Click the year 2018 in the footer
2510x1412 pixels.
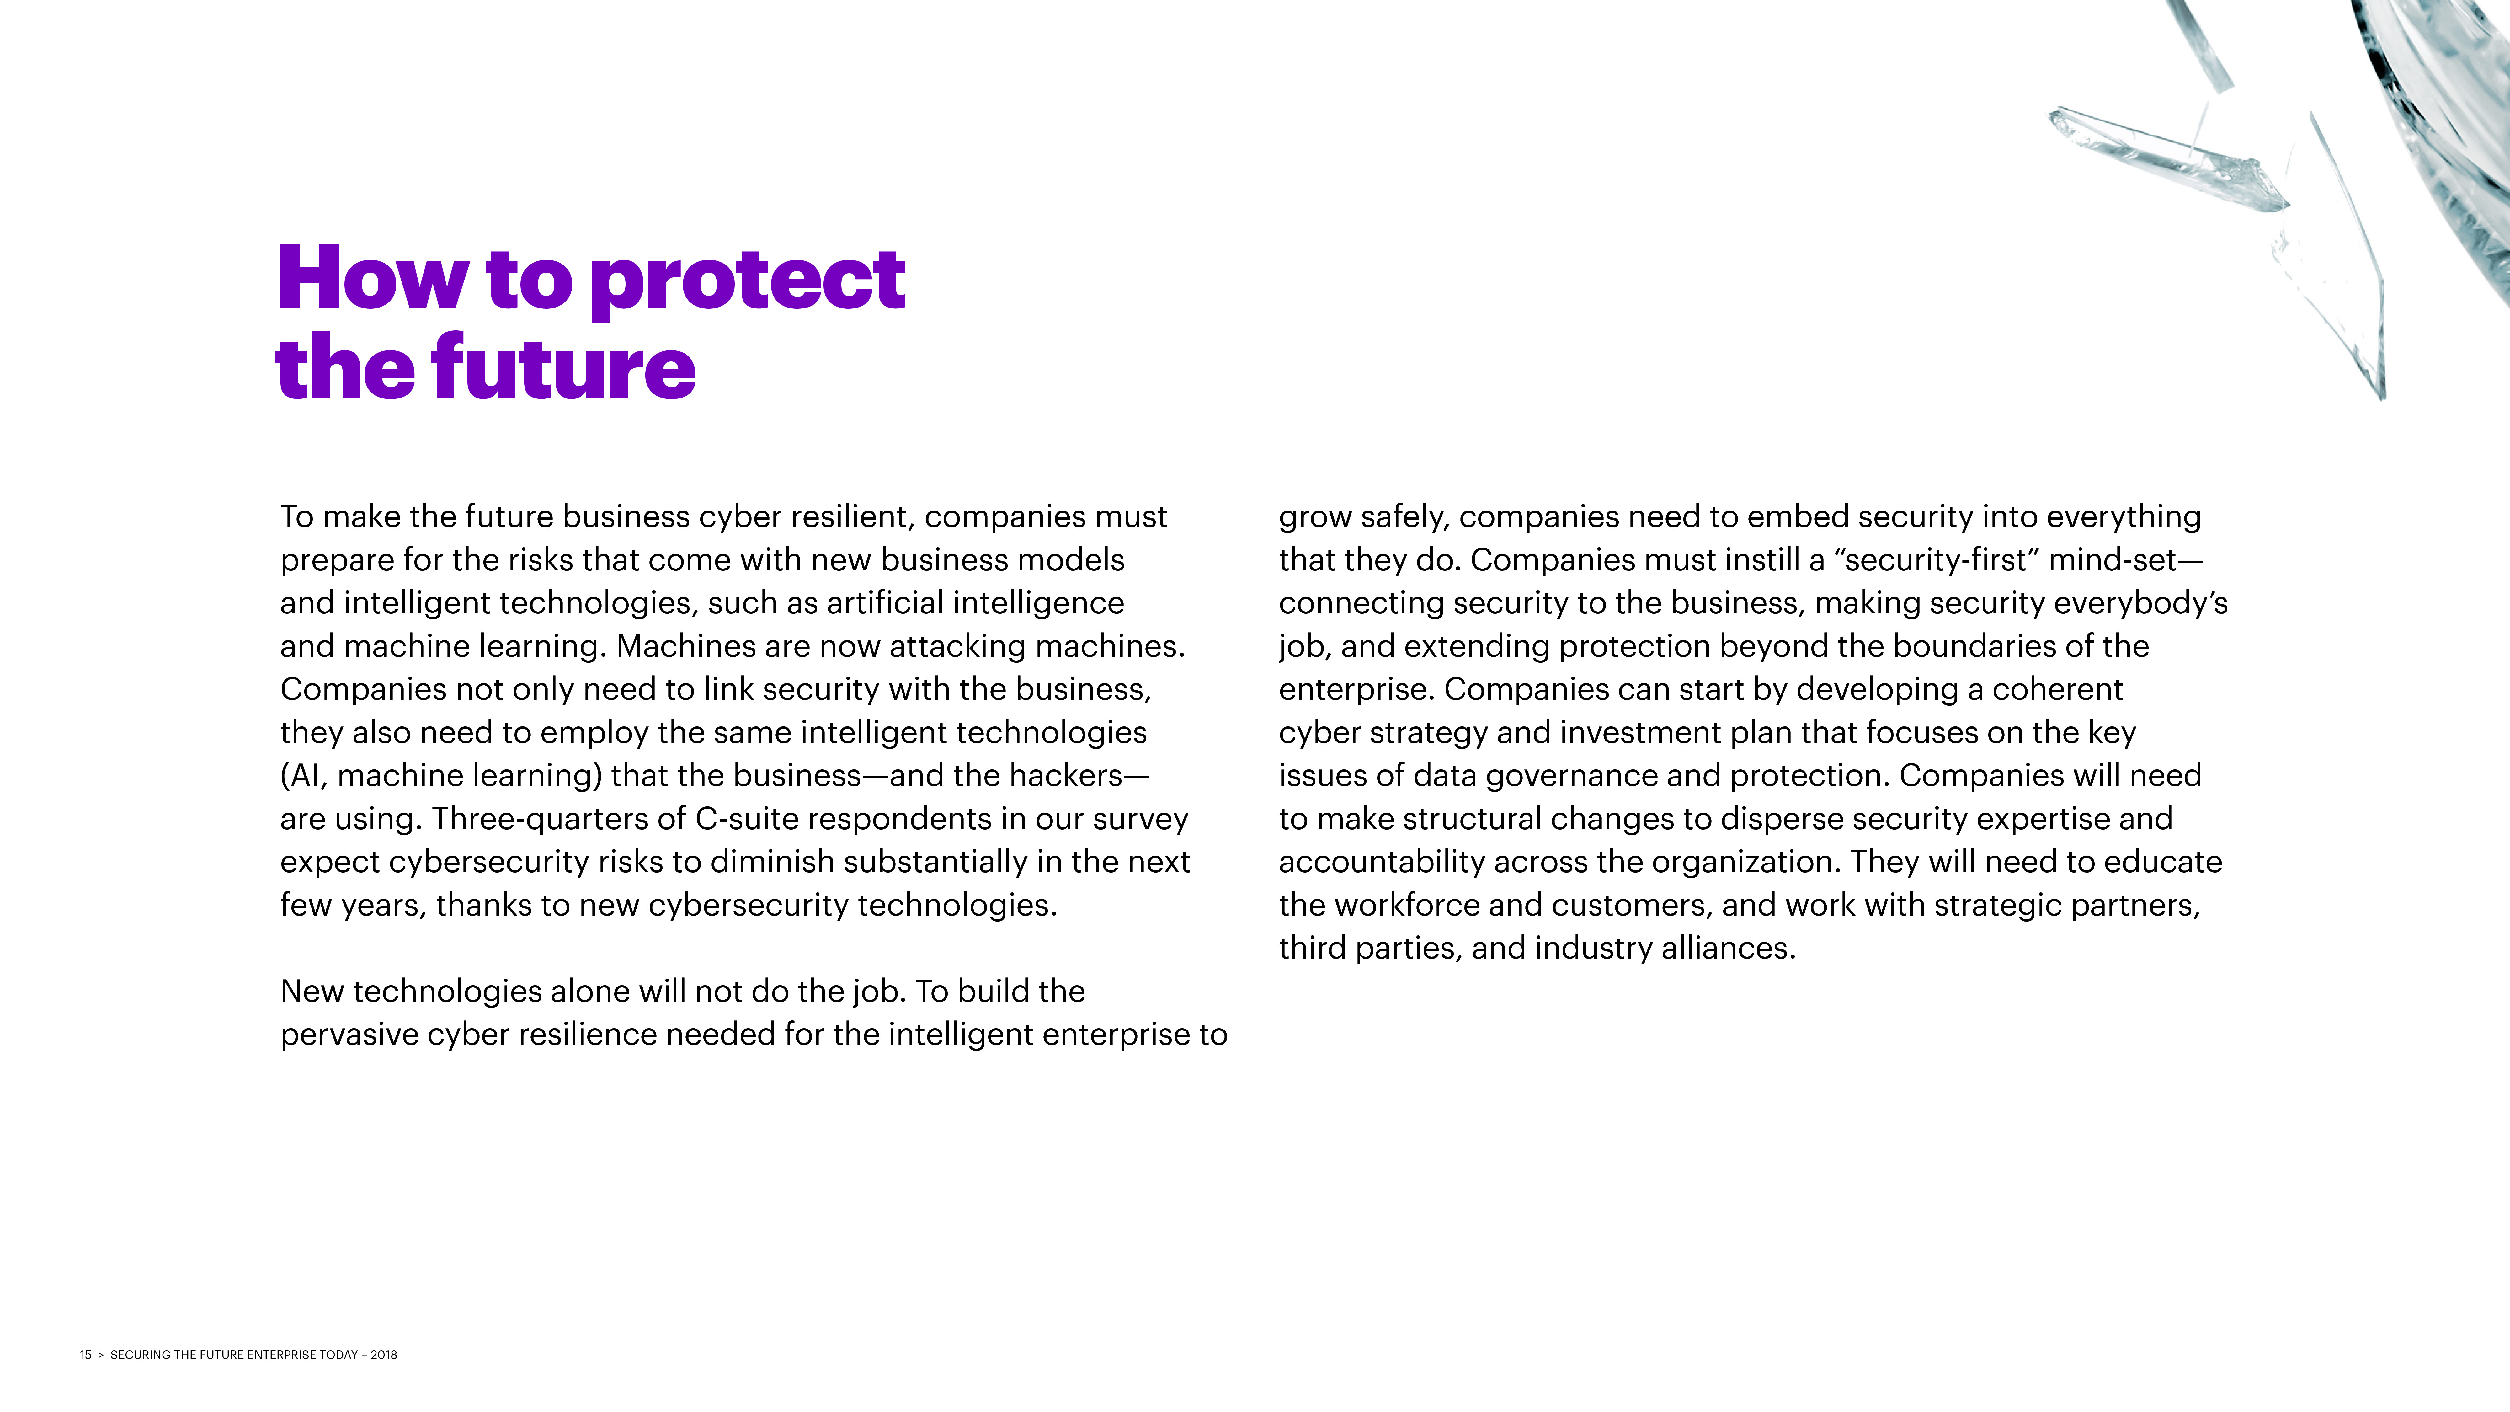point(384,1355)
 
